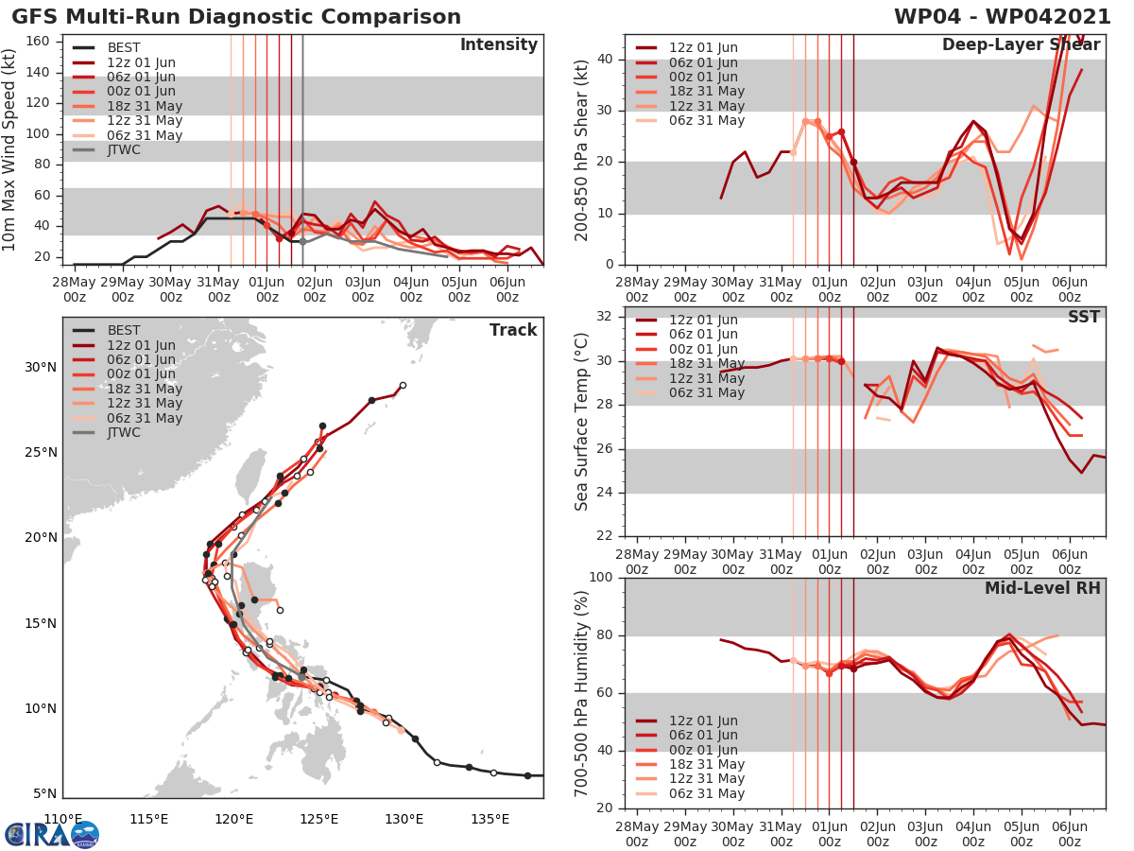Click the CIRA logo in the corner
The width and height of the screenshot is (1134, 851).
[51, 833]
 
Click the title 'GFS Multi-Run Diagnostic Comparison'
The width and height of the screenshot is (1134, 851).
[236, 17]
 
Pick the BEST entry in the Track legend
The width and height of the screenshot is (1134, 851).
[124, 330]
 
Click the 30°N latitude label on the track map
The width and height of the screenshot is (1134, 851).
[40, 367]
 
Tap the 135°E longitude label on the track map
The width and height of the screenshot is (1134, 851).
[490, 818]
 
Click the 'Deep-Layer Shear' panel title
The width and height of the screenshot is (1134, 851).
[1021, 45]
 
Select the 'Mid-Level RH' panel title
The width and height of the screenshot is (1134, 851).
[1042, 588]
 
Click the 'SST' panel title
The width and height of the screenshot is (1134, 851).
[1083, 317]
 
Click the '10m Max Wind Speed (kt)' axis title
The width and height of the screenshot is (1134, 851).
[10, 149]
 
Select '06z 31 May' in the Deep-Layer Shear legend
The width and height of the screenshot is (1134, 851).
[707, 120]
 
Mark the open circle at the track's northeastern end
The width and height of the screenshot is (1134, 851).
[403, 385]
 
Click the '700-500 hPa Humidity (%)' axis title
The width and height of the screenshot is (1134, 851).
[582, 693]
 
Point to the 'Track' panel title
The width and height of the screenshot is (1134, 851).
[512, 330]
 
